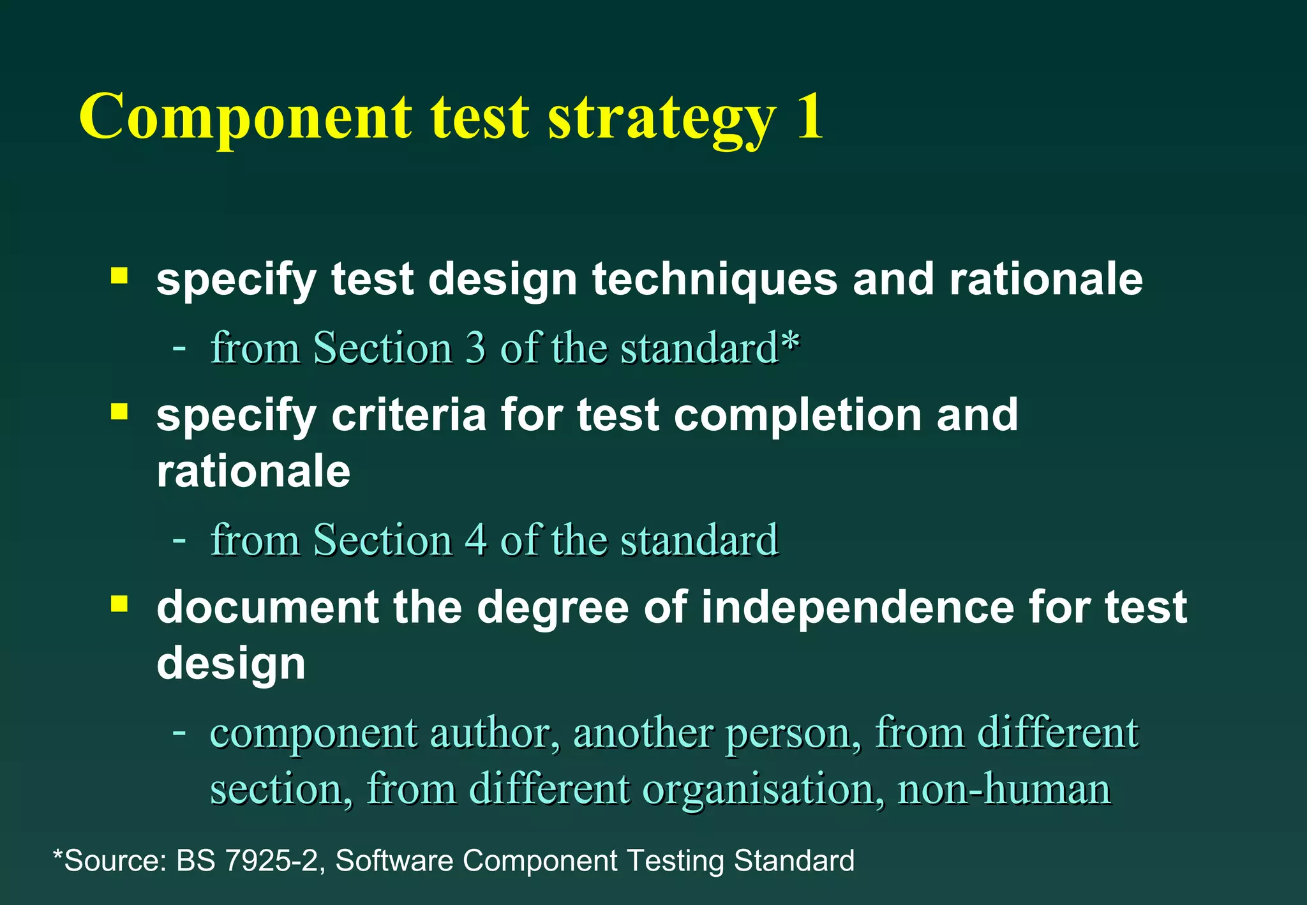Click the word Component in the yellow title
coord(246,118)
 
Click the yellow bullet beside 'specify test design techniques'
coord(119,276)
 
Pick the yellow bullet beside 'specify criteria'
coord(119,411)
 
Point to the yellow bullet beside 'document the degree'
coord(119,603)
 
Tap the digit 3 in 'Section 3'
coord(475,348)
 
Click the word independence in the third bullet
coord(857,607)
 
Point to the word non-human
coord(1004,789)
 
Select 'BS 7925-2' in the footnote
coord(246,861)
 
